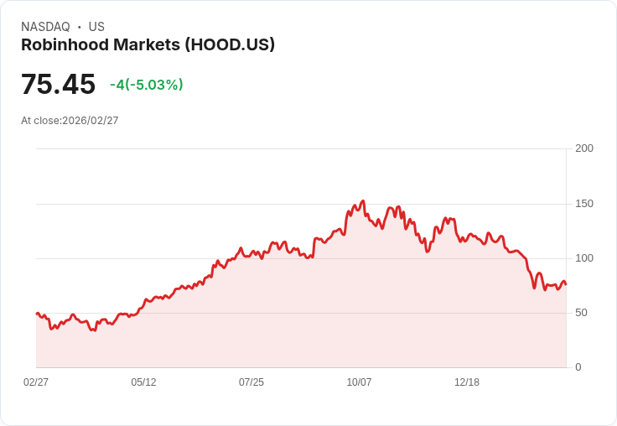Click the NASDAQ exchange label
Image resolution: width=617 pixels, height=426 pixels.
pos(45,27)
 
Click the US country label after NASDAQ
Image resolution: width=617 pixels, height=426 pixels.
pos(96,27)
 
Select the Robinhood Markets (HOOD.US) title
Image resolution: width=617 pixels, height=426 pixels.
pos(148,45)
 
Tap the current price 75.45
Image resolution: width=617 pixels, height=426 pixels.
pos(58,85)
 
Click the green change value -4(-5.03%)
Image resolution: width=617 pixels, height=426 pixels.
pos(146,85)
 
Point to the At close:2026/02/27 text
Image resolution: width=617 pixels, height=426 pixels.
pos(70,121)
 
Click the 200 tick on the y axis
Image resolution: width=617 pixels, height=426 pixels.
pos(583,148)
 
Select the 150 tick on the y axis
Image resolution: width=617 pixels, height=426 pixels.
pos(583,203)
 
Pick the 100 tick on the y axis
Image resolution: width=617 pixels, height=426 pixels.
pos(583,257)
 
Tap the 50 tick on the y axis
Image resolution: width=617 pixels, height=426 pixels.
pos(581,313)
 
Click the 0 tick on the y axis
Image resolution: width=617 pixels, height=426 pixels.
pos(578,367)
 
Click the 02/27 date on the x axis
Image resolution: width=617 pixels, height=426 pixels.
pos(36,382)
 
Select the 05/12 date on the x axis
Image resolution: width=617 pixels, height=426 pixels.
pos(143,382)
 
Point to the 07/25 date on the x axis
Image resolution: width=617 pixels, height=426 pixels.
pos(251,382)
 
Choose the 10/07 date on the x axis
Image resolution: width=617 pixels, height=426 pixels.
pos(359,382)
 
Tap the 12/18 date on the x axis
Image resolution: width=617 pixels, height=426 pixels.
pos(467,382)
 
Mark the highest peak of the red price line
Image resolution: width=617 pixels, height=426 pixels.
pos(363,201)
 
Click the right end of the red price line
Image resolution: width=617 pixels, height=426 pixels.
pos(566,284)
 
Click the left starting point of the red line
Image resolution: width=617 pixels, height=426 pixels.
pos(37,313)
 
